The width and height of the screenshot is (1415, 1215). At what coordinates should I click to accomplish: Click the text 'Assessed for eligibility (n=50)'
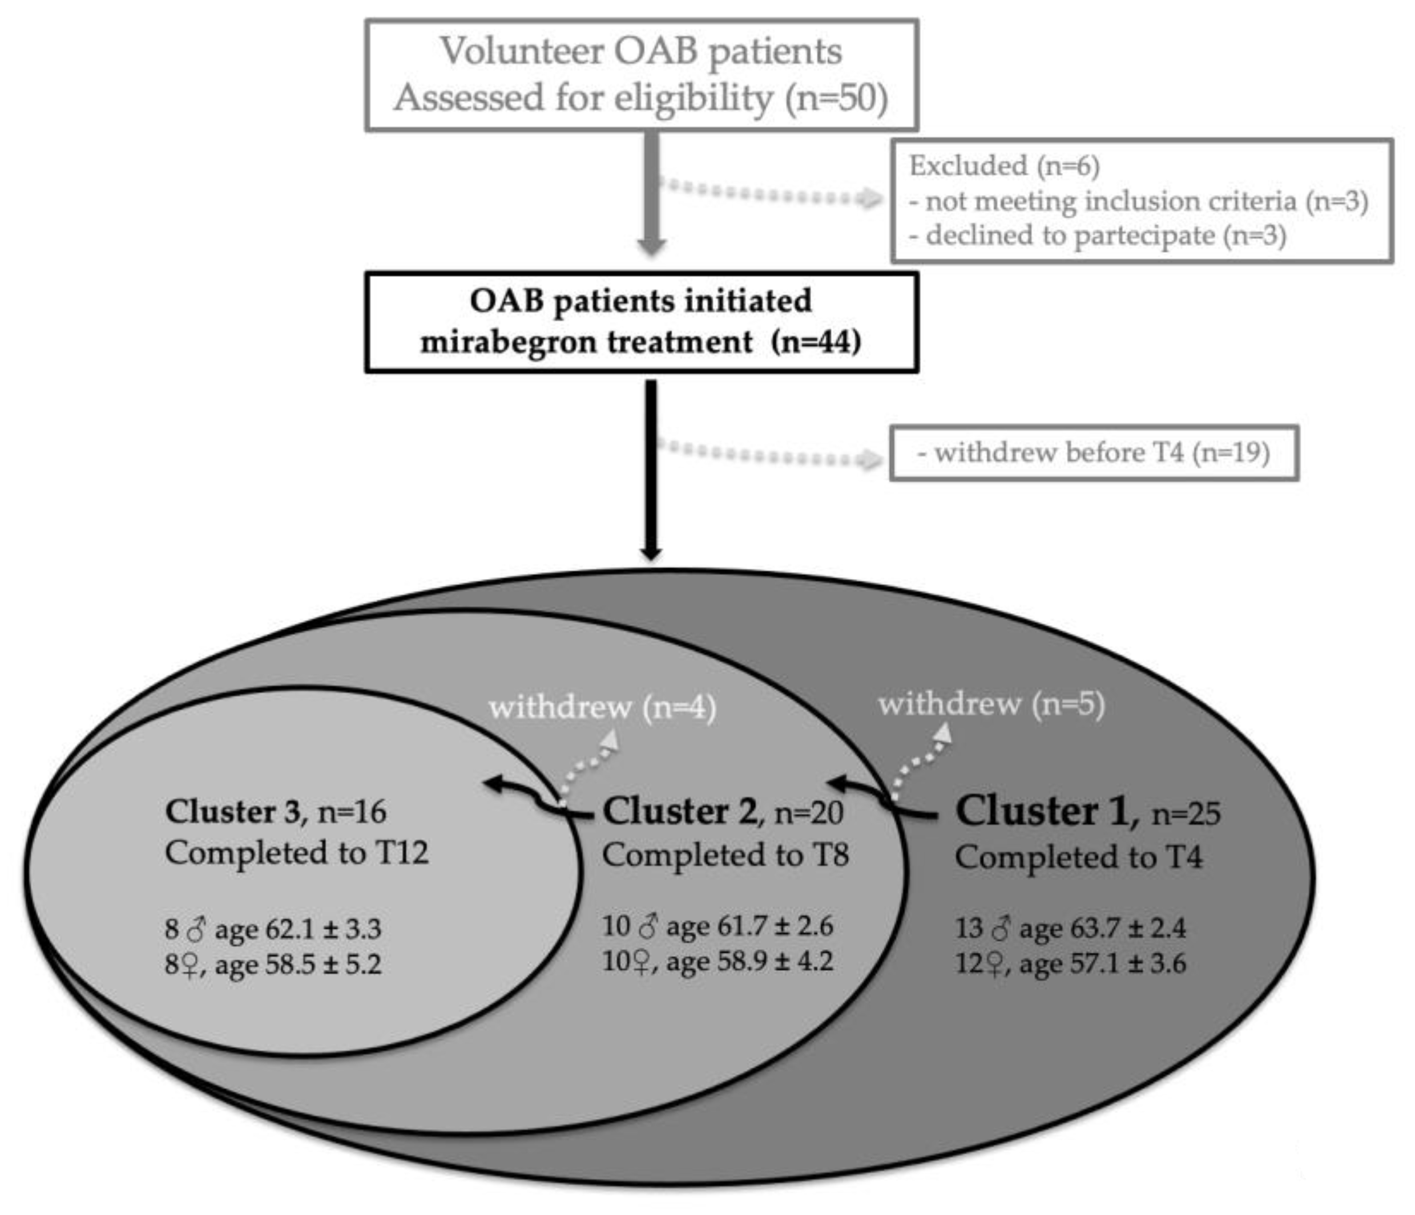tap(640, 98)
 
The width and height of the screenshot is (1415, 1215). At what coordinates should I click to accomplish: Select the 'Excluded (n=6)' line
tap(1004, 166)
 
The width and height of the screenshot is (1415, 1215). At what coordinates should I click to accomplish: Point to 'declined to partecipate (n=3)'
tap(1105, 236)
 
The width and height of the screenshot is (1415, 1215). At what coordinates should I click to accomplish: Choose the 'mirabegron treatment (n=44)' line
tap(640, 341)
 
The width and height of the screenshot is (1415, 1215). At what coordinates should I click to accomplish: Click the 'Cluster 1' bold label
tap(1046, 812)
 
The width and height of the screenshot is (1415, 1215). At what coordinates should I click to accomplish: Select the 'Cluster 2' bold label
tap(679, 812)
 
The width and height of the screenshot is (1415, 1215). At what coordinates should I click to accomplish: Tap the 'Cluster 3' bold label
tap(232, 812)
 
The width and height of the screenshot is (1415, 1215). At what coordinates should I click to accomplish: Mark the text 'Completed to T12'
tap(296, 853)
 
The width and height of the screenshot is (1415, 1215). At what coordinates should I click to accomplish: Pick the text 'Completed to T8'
tap(725, 854)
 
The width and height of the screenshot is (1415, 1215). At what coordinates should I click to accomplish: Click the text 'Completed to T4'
tap(1078, 857)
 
